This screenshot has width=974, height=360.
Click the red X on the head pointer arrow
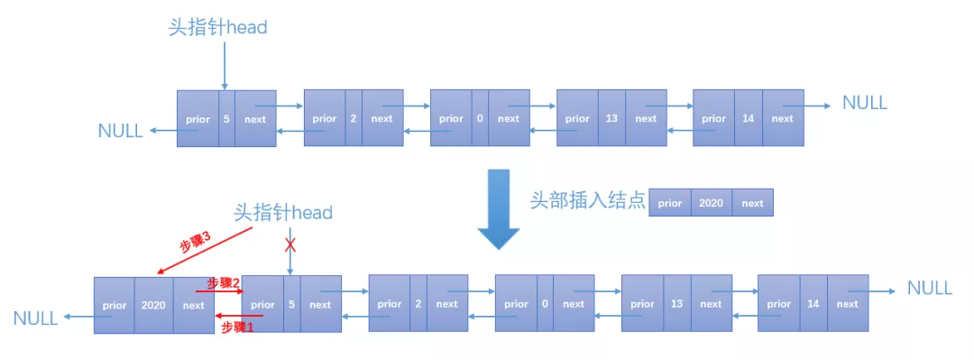(289, 245)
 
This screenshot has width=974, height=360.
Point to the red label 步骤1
(238, 328)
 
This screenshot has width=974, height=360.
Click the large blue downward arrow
(498, 210)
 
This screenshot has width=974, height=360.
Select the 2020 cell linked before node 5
(153, 305)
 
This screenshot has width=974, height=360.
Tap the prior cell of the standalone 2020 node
(669, 203)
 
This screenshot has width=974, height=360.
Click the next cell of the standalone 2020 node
(752, 203)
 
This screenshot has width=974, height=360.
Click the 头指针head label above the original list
(218, 27)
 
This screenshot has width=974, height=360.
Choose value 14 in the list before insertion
(749, 118)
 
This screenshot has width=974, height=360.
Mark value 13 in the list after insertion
(676, 304)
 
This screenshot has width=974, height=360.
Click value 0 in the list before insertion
(480, 118)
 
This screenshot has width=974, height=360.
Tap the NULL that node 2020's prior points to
(35, 318)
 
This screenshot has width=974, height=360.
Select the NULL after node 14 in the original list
(864, 102)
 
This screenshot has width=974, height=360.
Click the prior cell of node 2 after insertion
(389, 304)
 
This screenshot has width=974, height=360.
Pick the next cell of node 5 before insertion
(255, 118)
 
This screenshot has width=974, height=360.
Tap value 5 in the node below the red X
(291, 304)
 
